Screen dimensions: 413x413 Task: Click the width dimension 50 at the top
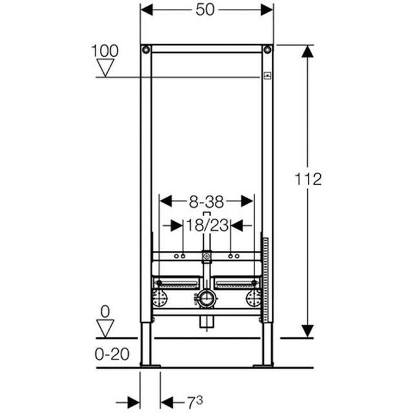(x=206, y=10)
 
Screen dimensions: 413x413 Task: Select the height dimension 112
(x=308, y=179)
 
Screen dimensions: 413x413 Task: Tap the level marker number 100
(x=105, y=50)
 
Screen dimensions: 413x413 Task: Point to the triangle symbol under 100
(x=105, y=67)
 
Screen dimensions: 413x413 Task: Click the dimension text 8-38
(x=206, y=201)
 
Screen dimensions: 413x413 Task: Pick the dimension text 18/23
(x=206, y=225)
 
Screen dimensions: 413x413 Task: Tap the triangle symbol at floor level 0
(x=105, y=327)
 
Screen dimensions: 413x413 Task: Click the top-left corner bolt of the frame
(x=146, y=50)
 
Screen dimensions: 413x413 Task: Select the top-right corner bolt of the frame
(x=267, y=50)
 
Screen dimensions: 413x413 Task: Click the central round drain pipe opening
(x=206, y=298)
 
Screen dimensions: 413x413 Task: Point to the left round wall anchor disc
(x=159, y=297)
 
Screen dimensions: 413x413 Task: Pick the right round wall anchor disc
(x=254, y=297)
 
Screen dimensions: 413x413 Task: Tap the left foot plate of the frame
(x=150, y=366)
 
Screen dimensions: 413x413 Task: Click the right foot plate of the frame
(x=263, y=366)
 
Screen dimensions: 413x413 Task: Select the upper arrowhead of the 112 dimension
(x=308, y=52)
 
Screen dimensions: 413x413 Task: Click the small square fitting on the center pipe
(x=206, y=257)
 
